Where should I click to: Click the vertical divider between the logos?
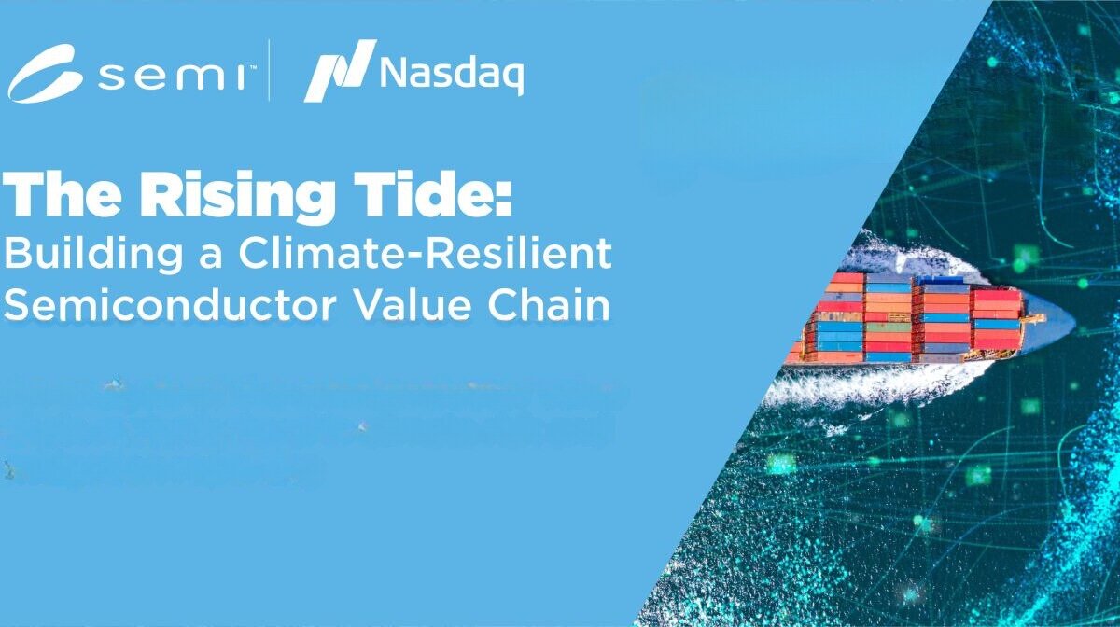click(270, 70)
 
